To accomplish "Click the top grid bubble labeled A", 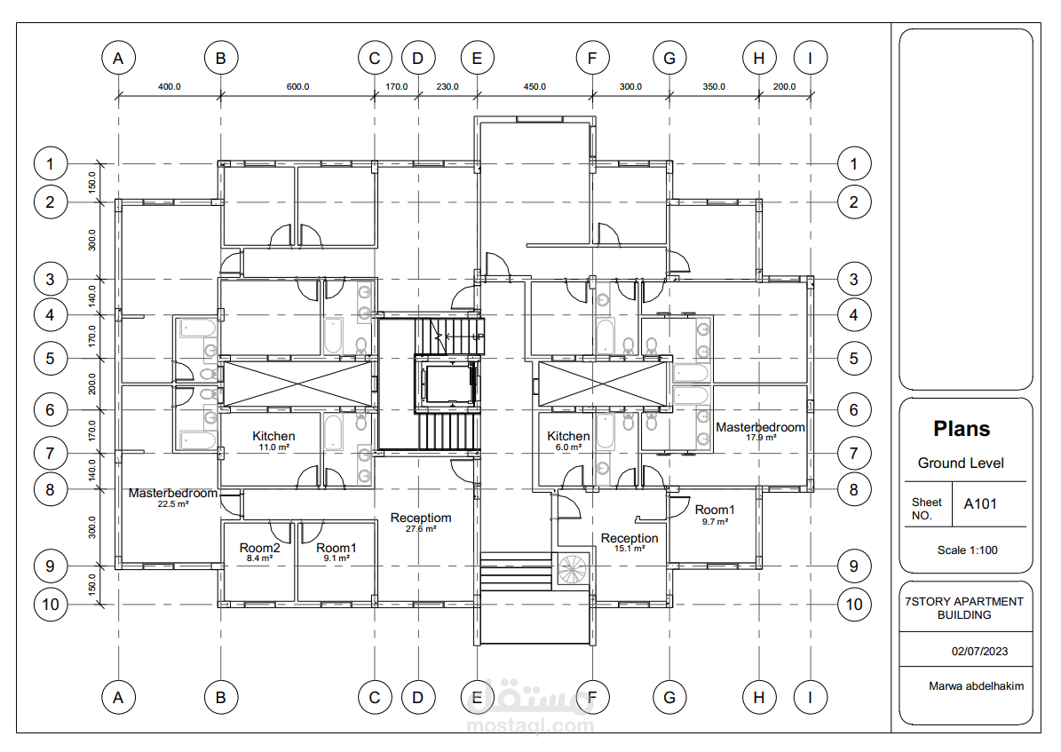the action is pos(118,59).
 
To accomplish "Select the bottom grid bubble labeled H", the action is pos(758,697).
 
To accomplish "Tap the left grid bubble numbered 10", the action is pos(51,605).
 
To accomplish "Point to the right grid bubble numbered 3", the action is pos(854,279).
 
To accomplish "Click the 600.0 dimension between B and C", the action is pos(297,87).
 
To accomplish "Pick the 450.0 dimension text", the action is pos(534,87).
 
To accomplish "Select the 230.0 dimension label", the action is pos(447,87).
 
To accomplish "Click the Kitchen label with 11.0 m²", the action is pos(273,436).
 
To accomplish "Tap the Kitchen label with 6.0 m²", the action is pos(568,436).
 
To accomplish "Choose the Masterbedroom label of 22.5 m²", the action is pos(173,493).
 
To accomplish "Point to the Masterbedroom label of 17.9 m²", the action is pos(761,427).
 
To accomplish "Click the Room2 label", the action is pos(259,548).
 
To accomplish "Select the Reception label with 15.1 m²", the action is pos(629,538).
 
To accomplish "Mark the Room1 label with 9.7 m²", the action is pos(715,510).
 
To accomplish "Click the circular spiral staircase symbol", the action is pos(572,569).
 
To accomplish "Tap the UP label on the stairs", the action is pos(478,336).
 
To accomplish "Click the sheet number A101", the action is pos(980,503).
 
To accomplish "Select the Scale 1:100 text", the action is pos(967,550).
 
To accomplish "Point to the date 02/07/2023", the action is pos(979,651).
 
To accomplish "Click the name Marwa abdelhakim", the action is pos(976,685).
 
